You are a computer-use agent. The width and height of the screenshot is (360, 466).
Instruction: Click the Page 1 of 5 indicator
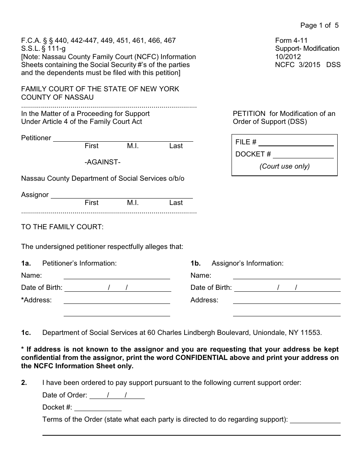tap(319, 25)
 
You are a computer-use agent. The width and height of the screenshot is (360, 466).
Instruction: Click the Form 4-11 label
tap(291, 41)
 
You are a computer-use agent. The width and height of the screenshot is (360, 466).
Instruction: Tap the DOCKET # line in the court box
tap(303, 155)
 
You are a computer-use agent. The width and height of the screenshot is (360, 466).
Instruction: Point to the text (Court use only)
tap(284, 166)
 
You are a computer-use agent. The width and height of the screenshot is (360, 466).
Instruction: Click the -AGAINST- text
tap(102, 162)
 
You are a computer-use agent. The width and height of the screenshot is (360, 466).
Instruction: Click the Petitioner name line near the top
tap(123, 139)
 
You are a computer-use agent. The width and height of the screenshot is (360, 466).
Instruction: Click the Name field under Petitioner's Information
tap(117, 276)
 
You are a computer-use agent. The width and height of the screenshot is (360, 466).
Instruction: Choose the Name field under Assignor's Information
tap(286, 276)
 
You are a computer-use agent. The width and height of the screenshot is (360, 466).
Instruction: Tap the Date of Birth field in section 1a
tap(118, 288)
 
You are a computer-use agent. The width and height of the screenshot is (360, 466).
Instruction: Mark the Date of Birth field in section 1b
tap(287, 288)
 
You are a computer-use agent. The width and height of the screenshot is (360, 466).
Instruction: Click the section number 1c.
tap(26, 333)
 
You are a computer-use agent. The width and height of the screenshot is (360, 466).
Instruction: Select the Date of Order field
tap(117, 396)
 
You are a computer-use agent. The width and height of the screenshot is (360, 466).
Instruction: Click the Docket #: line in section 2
tap(98, 408)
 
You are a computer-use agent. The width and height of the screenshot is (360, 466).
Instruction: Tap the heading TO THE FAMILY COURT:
tap(62, 227)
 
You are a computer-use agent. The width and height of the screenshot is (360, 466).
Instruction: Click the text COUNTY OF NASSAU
tap(57, 97)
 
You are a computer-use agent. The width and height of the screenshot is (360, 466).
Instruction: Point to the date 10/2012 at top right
tap(288, 57)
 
